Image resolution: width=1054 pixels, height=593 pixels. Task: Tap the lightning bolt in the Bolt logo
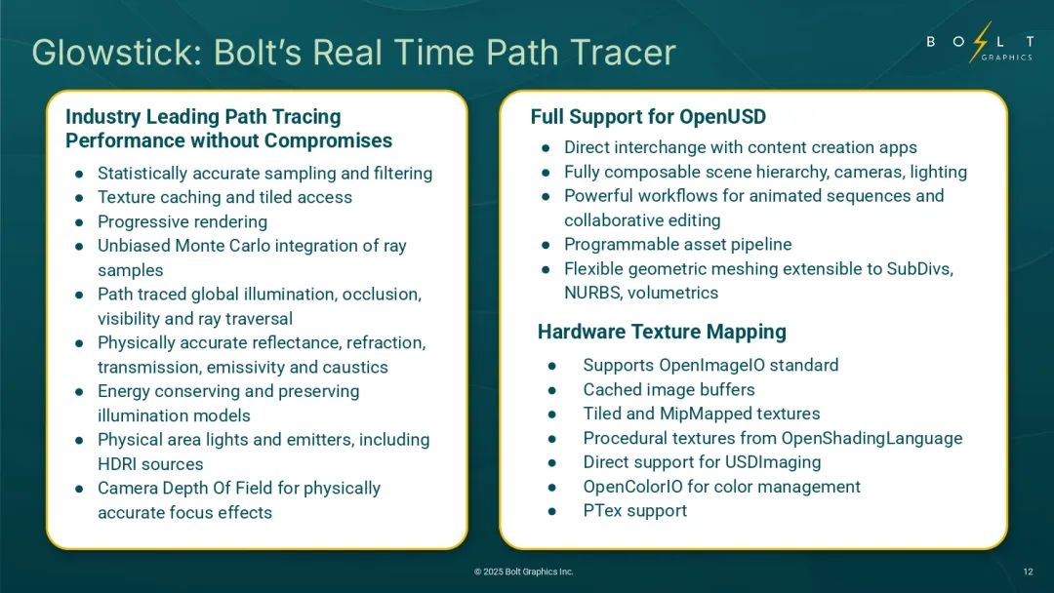tap(981, 42)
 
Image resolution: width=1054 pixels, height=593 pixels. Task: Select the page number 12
tap(1028, 572)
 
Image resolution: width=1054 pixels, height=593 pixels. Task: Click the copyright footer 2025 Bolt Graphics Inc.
tap(524, 572)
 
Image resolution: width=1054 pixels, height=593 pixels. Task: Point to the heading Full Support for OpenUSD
tap(648, 117)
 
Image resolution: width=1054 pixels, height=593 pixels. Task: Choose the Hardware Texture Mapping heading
tap(662, 332)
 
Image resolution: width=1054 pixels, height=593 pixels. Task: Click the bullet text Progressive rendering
tap(182, 221)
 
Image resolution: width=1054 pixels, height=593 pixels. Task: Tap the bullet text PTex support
tap(634, 510)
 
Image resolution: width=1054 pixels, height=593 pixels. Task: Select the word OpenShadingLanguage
tap(872, 438)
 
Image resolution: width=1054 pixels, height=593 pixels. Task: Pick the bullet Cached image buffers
tap(669, 389)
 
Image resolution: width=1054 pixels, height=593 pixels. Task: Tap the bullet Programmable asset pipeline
tap(677, 245)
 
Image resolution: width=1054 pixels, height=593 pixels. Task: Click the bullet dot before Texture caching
tap(79, 198)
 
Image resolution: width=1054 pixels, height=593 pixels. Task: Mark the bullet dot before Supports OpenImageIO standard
tap(551, 366)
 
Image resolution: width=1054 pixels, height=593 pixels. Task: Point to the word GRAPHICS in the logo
tap(1006, 58)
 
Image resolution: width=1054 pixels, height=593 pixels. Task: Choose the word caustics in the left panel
tap(355, 368)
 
